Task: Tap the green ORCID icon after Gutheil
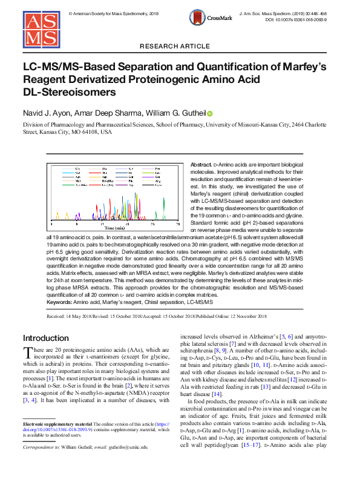(210, 114)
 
